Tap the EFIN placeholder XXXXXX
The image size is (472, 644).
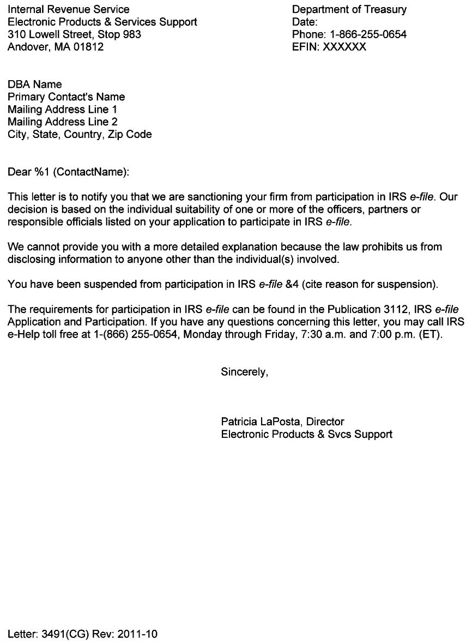(x=344, y=47)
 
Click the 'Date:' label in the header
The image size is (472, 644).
(x=305, y=22)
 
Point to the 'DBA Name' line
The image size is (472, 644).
(x=34, y=85)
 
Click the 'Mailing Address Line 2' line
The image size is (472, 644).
(x=62, y=122)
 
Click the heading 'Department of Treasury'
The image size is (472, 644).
(x=349, y=10)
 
